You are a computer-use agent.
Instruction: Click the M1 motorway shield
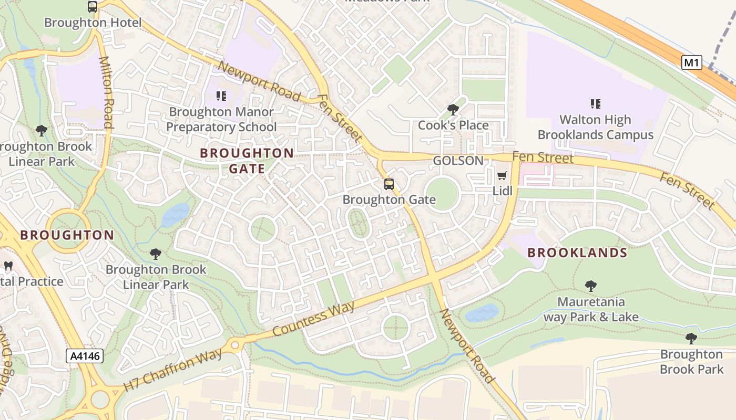pos(691,63)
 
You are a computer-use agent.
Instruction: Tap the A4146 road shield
pos(85,356)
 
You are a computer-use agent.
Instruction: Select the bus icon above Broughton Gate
pos(389,184)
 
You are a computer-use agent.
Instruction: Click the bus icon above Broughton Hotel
pos(93,7)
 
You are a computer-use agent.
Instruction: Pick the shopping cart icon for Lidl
pos(502,175)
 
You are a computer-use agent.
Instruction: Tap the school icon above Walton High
pos(595,104)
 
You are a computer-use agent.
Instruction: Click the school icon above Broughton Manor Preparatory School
pos(221,96)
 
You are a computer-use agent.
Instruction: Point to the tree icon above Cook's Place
pos(453,110)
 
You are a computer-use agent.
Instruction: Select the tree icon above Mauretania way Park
pos(590,286)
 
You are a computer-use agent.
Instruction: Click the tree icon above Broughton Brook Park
pos(691,339)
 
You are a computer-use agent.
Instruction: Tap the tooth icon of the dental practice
pos(8,266)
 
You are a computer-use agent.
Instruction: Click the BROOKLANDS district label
pos(577,253)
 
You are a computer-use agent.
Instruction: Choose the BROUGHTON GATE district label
pos(247,161)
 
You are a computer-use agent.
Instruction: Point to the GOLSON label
pos(458,161)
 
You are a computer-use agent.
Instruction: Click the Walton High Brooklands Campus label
pos(595,127)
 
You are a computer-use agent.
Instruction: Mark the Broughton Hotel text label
pos(93,23)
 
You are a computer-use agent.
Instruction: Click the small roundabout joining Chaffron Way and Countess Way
pos(234,345)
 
